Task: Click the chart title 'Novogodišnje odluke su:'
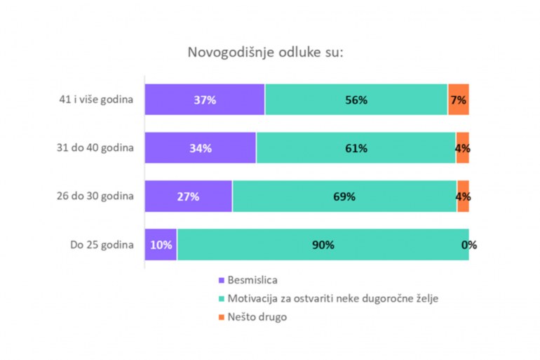(265, 53)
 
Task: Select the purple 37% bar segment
(205, 100)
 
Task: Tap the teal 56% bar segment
(356, 100)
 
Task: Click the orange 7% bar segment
(459, 100)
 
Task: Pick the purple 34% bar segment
(201, 148)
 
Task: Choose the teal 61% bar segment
(356, 148)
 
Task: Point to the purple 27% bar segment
(189, 196)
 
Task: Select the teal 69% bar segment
(344, 196)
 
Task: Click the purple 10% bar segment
(161, 245)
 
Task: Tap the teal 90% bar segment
(323, 245)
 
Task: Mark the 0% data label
(469, 245)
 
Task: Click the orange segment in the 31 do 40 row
(463, 148)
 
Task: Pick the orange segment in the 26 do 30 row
(464, 196)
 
